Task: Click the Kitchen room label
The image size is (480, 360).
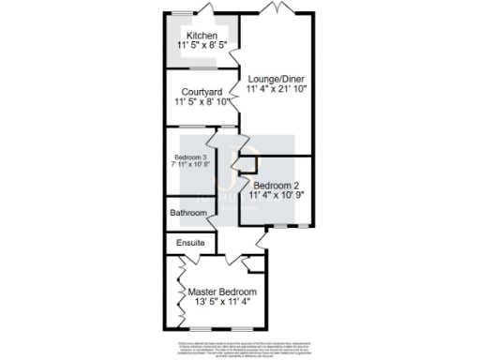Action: [201, 36]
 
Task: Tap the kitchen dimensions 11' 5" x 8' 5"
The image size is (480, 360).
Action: [201, 45]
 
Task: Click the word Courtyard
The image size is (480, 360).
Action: [201, 91]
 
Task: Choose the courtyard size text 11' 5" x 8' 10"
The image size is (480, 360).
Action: [201, 101]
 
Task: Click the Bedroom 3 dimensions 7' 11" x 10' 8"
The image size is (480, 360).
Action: [191, 165]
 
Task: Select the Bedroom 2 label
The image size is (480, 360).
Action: [277, 186]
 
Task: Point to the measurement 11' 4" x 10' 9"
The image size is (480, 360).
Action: [277, 196]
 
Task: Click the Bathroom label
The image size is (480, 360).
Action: [187, 214]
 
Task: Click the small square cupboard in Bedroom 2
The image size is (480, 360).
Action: [248, 167]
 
